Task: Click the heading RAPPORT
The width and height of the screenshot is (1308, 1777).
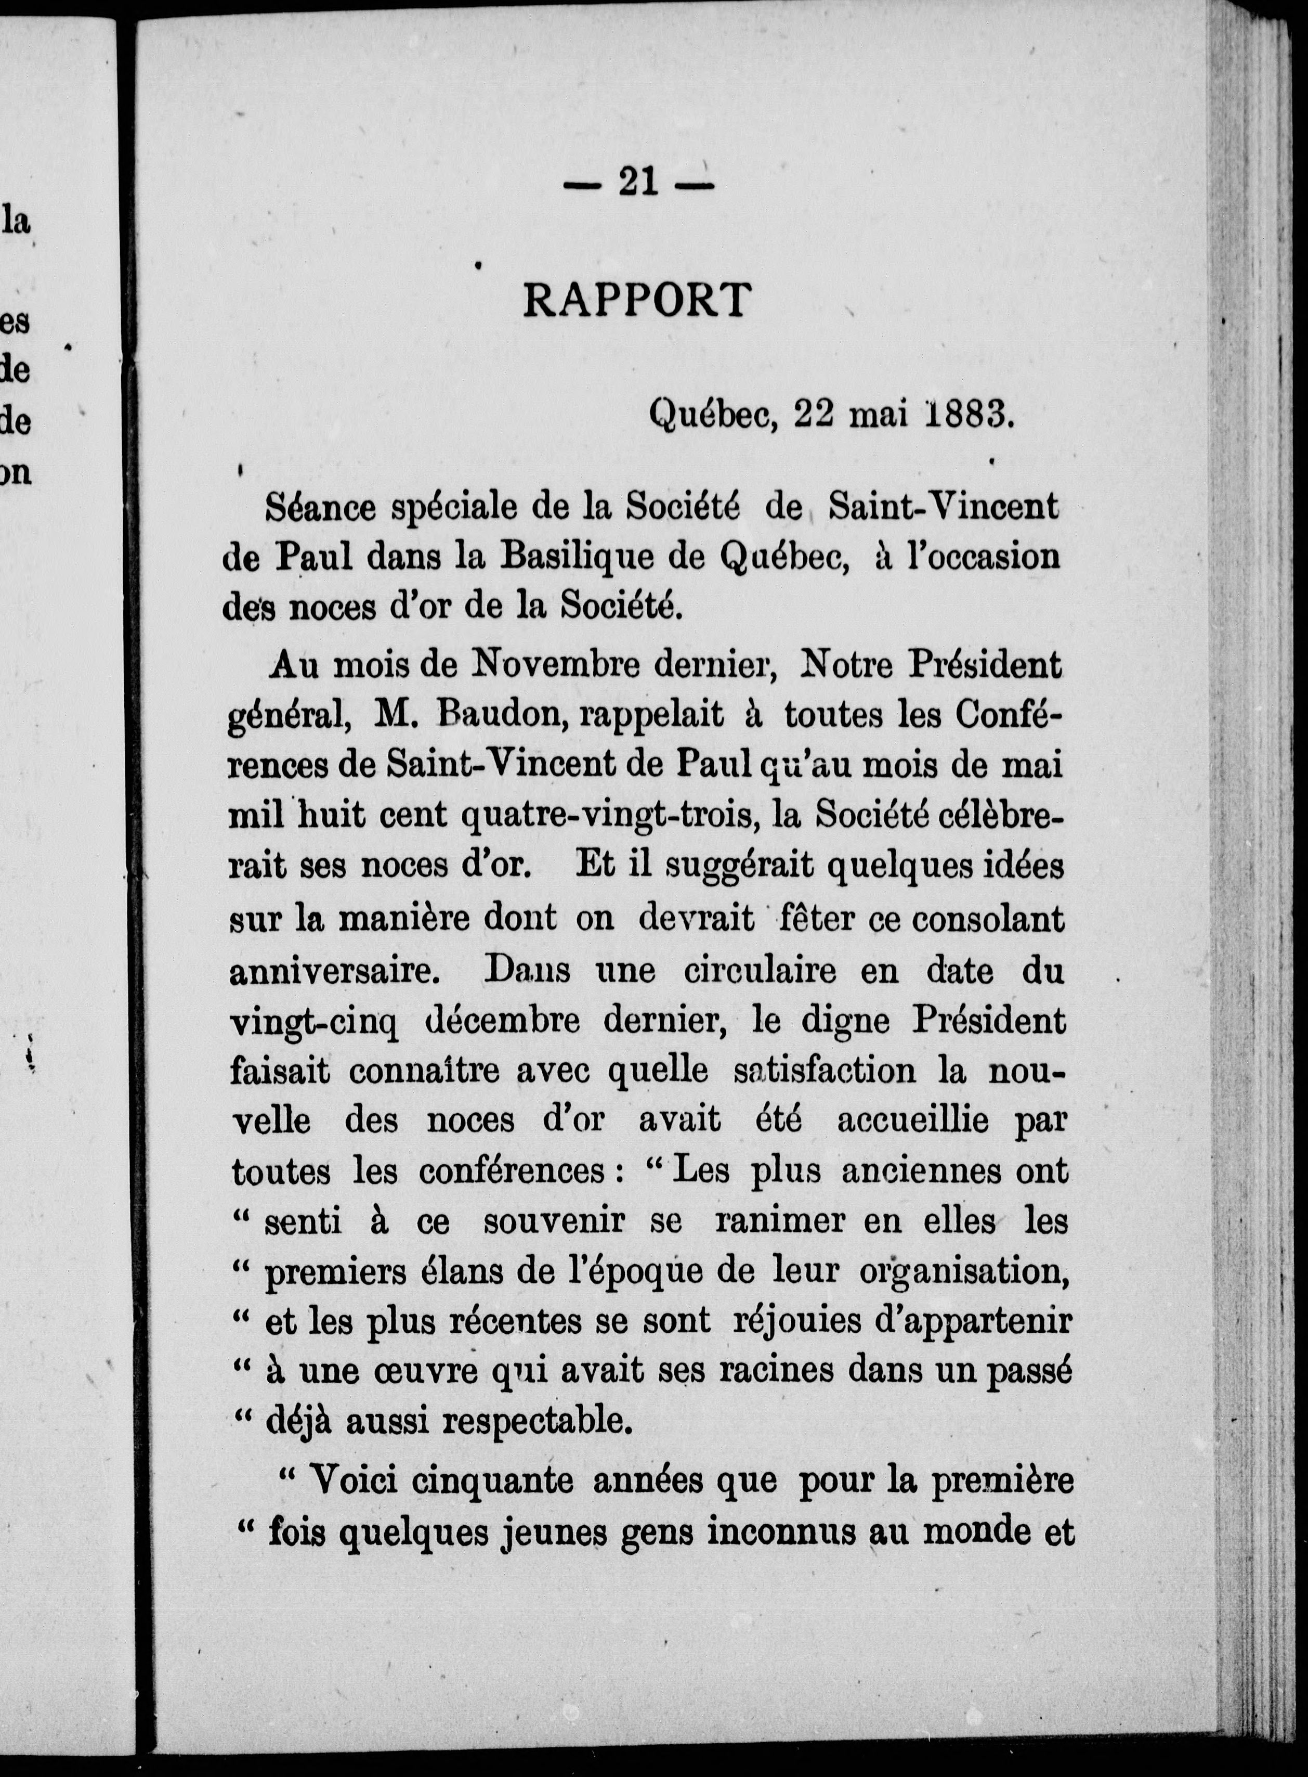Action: [636, 300]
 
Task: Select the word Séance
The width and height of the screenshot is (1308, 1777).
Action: [321, 508]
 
